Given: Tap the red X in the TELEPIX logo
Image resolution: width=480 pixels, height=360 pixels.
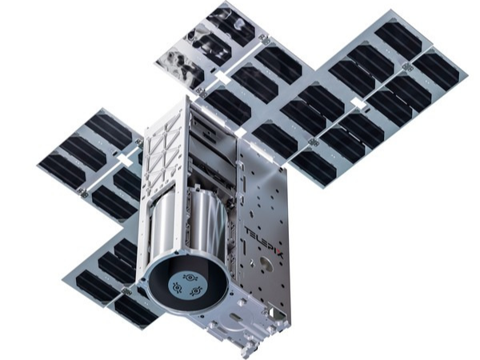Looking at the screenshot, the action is [280, 254].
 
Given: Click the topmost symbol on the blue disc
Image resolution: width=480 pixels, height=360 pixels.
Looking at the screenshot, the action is [190, 278].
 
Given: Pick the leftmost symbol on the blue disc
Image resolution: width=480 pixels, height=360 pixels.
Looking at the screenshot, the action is [177, 287].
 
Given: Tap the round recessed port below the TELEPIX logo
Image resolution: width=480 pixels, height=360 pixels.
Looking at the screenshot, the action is [266, 263].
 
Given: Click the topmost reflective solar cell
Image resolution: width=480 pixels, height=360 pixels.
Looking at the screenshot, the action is [230, 23].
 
